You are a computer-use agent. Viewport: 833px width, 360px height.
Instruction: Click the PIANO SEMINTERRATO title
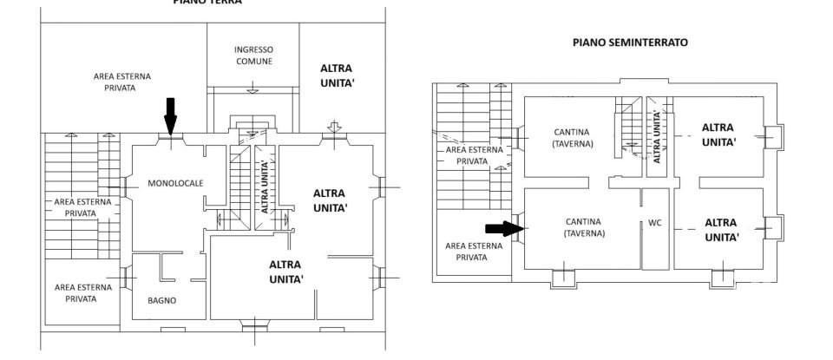629,42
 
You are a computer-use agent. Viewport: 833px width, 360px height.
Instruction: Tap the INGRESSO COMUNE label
254,56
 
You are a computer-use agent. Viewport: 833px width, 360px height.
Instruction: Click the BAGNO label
161,300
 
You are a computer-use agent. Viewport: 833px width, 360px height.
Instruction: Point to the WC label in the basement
655,222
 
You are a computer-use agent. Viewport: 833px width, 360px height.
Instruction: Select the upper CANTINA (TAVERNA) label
573,138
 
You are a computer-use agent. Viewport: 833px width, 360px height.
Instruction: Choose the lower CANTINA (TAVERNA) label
573,228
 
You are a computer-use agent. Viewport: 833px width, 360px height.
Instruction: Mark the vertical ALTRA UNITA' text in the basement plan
657,136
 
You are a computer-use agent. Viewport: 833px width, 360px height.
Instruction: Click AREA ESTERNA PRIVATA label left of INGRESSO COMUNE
122,82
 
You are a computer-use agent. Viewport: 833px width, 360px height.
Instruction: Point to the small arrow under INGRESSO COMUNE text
253,87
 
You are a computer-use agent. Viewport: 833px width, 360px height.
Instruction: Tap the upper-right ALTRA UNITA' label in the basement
718,134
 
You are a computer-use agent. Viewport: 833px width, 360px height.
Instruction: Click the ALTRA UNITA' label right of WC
722,228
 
